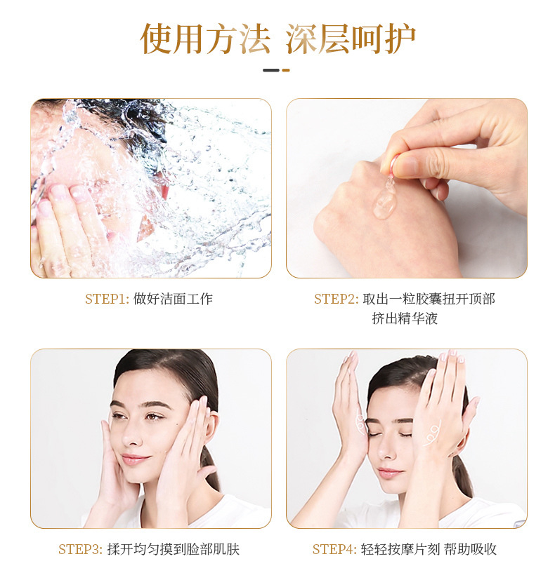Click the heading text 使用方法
click(x=205, y=39)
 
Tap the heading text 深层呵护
click(x=351, y=39)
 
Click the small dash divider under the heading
click(x=276, y=70)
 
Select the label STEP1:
click(x=107, y=299)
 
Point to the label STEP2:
click(x=336, y=299)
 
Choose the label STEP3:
click(x=80, y=549)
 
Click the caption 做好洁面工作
click(x=173, y=299)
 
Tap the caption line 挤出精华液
click(x=405, y=318)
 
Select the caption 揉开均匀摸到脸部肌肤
click(x=174, y=549)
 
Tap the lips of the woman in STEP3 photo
click(x=136, y=459)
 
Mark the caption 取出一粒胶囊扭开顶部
click(x=429, y=299)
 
